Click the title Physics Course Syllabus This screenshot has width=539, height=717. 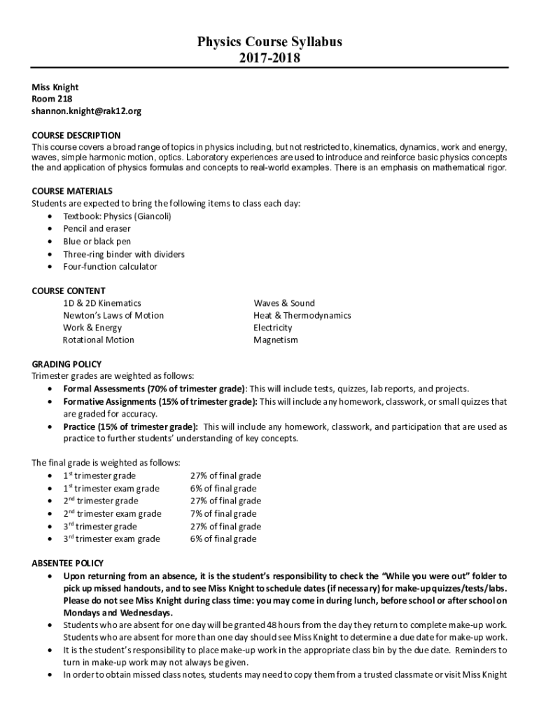click(269, 42)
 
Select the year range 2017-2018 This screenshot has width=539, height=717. click(269, 58)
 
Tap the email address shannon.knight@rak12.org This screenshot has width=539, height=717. click(87, 111)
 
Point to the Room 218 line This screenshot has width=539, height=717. click(52, 99)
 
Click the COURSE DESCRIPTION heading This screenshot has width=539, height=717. click(76, 135)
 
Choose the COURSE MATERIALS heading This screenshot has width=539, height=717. click(72, 191)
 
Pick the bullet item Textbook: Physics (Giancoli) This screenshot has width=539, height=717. click(117, 216)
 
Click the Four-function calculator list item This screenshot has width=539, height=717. click(110, 267)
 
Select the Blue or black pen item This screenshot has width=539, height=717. click(97, 242)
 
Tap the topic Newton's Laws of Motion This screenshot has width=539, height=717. click(113, 315)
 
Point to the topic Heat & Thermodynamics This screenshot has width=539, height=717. click(302, 315)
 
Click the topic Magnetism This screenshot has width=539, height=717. click(275, 340)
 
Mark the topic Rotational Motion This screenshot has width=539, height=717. click(98, 340)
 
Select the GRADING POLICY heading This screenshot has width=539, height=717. click(66, 364)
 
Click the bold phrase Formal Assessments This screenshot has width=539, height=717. click(105, 389)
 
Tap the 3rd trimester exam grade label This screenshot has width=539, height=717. click(111, 539)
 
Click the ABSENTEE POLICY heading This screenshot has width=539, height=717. click(68, 563)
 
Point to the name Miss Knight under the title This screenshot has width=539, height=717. click(55, 87)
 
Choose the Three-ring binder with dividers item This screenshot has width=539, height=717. click(124, 254)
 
